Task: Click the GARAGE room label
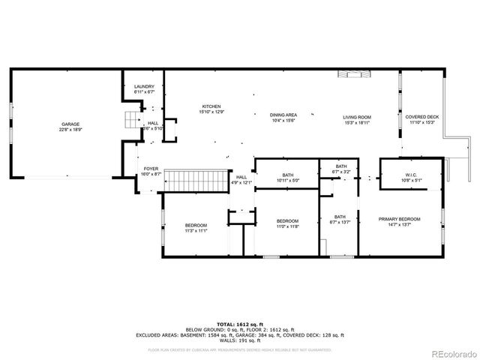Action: (70, 124)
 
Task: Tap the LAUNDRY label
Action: (144, 87)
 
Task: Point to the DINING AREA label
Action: (283, 115)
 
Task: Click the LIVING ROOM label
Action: (357, 117)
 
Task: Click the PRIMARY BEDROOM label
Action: (399, 219)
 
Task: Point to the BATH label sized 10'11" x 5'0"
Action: (288, 175)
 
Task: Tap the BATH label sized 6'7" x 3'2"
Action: (341, 166)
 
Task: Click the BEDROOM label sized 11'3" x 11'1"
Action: (196, 226)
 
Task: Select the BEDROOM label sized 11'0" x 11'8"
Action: (287, 222)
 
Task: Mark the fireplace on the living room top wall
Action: (354, 73)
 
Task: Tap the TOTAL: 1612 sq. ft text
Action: (239, 324)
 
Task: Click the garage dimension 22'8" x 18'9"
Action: (70, 129)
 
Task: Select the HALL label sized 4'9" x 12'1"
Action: (241, 178)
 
